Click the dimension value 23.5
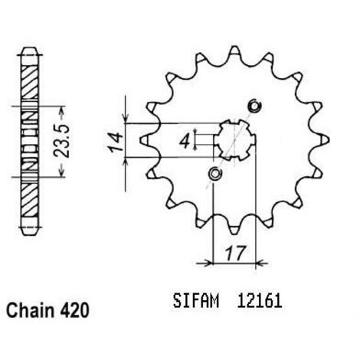click(61, 140)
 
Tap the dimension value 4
click(185, 142)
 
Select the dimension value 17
click(236, 253)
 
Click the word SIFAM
click(196, 301)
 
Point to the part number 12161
click(260, 301)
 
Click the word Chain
click(30, 310)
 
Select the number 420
click(74, 310)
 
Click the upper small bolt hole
click(255, 106)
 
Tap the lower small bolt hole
click(215, 174)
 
